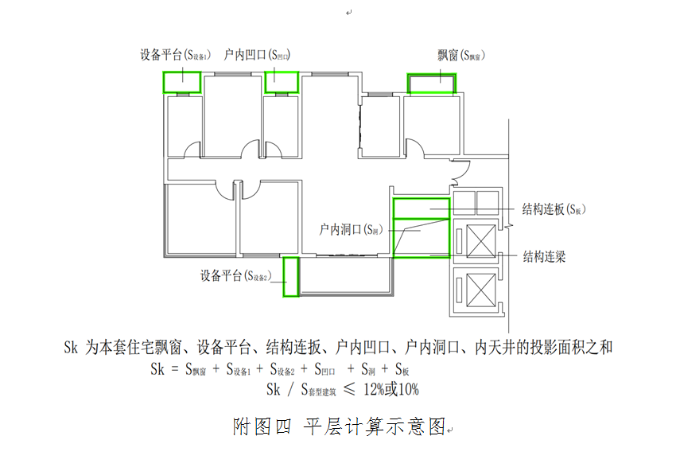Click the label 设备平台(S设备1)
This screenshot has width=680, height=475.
pyautogui.click(x=175, y=56)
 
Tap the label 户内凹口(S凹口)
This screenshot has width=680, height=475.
pyautogui.click(x=256, y=56)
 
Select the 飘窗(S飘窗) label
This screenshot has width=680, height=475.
pyautogui.click(x=461, y=56)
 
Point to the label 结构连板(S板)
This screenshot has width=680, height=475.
pyautogui.click(x=554, y=209)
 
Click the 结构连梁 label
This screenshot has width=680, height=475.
pyautogui.click(x=545, y=257)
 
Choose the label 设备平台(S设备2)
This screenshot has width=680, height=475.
pyautogui.click(x=236, y=276)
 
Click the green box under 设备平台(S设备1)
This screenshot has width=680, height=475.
pyautogui.click(x=181, y=81)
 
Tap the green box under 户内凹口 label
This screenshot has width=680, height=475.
pyautogui.click(x=281, y=81)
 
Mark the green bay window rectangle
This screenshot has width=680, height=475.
pyautogui.click(x=433, y=84)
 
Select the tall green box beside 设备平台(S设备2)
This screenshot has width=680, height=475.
pyautogui.click(x=291, y=277)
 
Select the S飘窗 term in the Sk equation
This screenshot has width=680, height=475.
pyautogui.click(x=196, y=369)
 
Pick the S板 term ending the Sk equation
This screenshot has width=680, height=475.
pyautogui.click(x=401, y=369)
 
